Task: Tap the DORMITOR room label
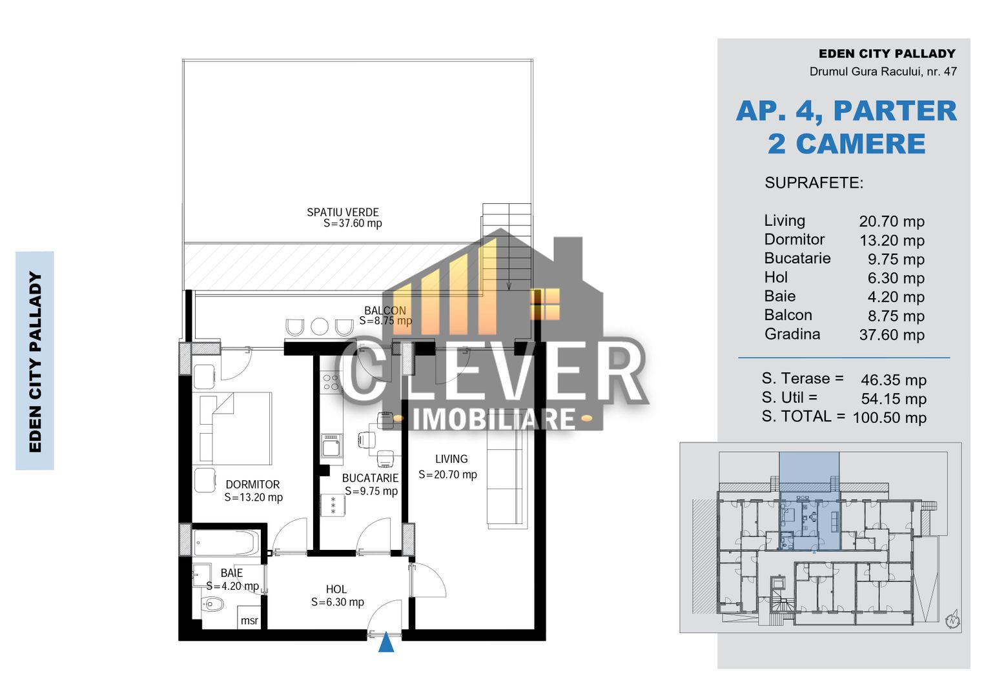tap(252, 485)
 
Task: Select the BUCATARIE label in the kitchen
tap(370, 478)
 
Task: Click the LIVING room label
tap(451, 459)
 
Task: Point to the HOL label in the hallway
tap(336, 589)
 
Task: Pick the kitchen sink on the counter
tap(332, 445)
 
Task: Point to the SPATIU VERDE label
tap(343, 212)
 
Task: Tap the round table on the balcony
tap(320, 327)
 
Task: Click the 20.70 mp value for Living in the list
tap(891, 221)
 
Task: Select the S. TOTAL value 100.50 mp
tap(889, 418)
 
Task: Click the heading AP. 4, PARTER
tap(846, 111)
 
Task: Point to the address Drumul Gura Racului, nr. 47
tap(883, 72)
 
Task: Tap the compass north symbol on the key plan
tap(952, 621)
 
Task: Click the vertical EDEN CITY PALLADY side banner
tap(35, 361)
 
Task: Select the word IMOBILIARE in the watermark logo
tap(493, 419)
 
